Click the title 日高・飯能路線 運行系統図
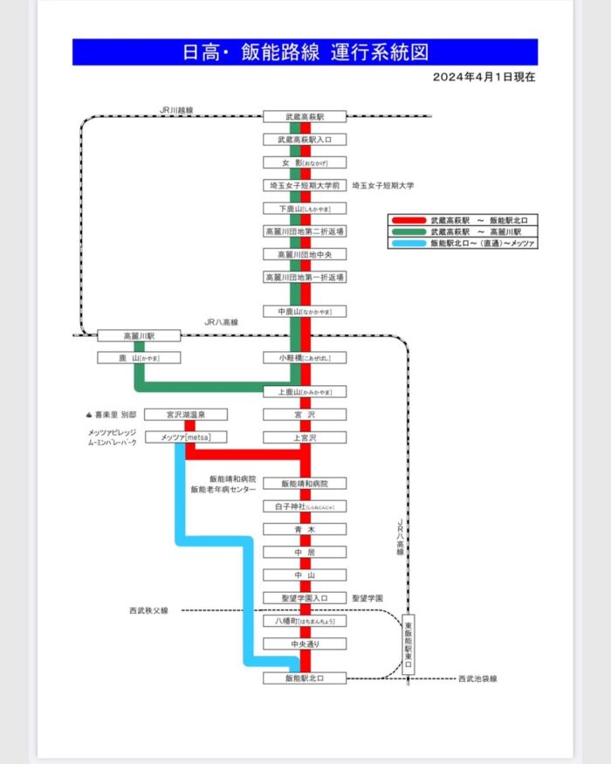[305, 52]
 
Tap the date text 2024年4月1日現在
[484, 77]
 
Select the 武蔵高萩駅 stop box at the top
[305, 116]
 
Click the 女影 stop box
[305, 162]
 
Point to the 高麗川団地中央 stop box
[305, 254]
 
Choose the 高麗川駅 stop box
[138, 335]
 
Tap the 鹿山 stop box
[138, 358]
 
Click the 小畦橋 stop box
[305, 358]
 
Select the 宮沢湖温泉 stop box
[186, 415]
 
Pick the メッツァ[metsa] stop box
[186, 437]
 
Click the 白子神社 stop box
[305, 506]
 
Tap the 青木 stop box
[305, 529]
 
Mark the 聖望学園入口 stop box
[305, 598]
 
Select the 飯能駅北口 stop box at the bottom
[305, 678]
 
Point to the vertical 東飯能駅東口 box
[408, 646]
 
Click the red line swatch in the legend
[408, 220]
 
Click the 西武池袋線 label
[477, 678]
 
